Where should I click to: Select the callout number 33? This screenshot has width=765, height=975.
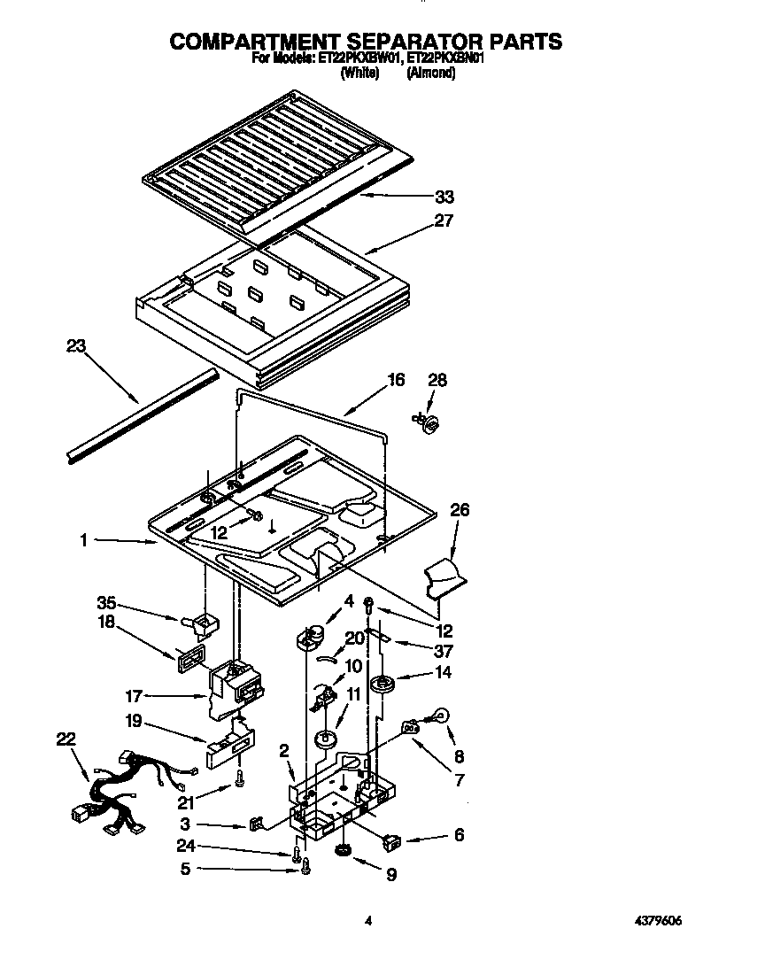[443, 197]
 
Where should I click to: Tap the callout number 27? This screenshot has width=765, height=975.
[443, 221]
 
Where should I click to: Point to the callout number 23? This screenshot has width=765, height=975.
[76, 346]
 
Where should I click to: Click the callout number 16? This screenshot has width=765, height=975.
[395, 380]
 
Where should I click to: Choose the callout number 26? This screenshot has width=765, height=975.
[460, 510]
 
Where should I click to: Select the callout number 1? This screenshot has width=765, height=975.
[83, 539]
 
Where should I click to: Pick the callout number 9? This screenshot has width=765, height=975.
[390, 875]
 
